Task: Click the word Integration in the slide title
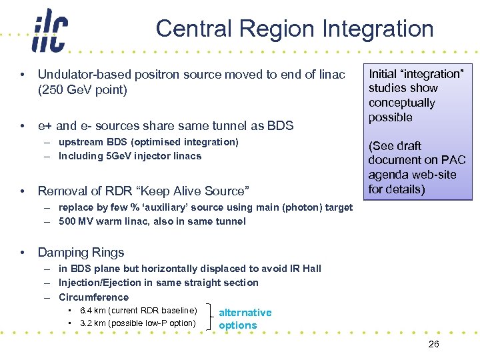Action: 380,29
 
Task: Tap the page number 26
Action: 433,344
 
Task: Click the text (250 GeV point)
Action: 83,89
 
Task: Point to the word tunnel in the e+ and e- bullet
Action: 224,125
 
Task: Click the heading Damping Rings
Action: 81,252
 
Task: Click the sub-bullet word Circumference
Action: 93,297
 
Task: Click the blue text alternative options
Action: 245,319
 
